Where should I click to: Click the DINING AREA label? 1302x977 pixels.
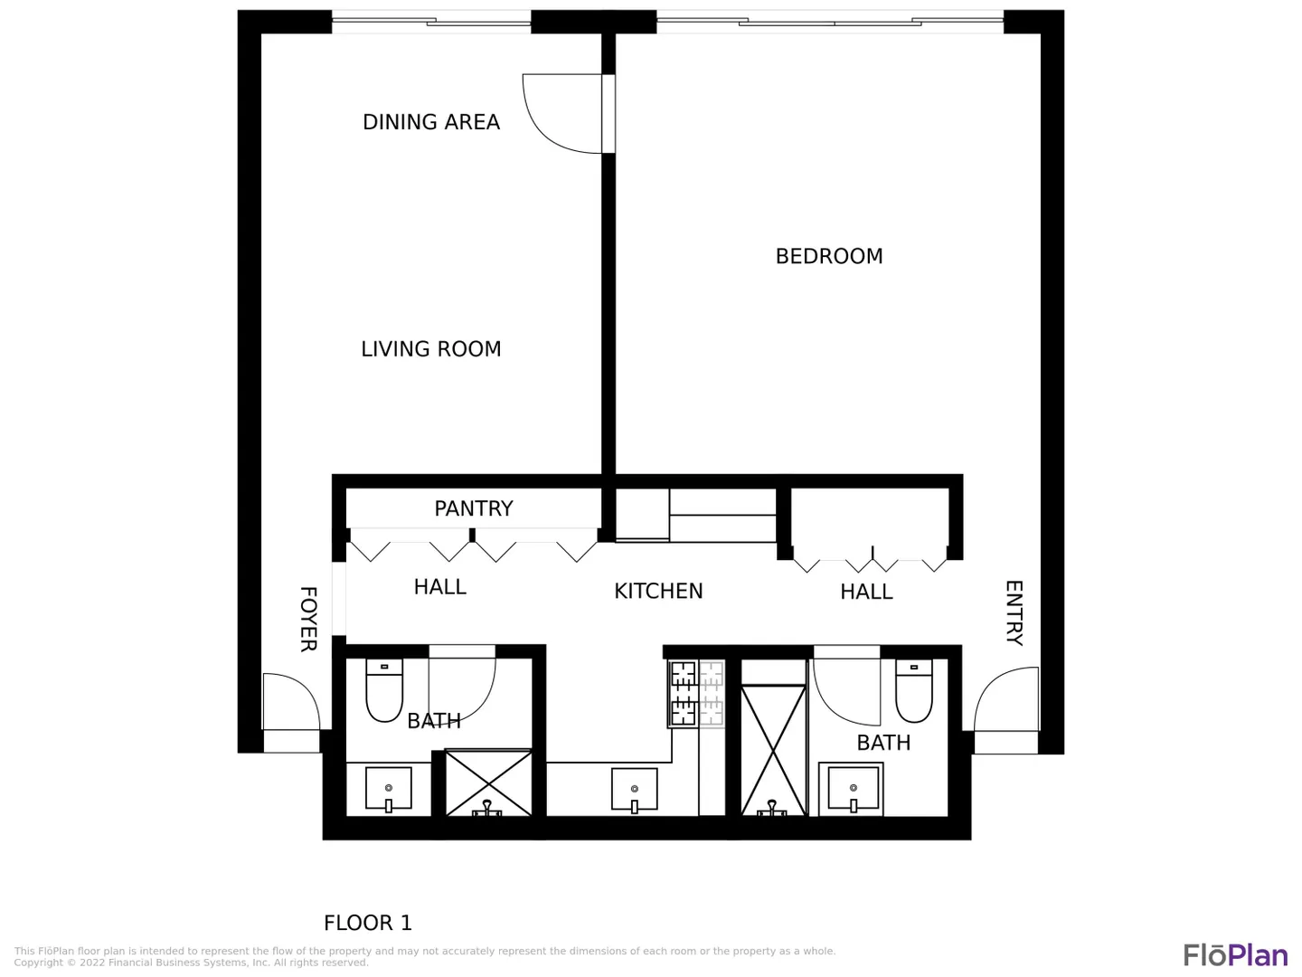pos(431,122)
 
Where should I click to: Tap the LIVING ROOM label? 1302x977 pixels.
pos(431,349)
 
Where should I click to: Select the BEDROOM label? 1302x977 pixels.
pos(829,256)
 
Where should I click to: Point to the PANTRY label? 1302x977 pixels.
pos(474,508)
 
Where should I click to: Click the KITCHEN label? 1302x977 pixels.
pos(658,591)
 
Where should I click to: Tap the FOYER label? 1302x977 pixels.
pos(308,619)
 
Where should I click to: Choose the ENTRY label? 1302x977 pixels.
pos(1014,612)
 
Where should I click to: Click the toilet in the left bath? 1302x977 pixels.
pos(384,690)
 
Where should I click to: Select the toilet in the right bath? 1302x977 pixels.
pos(913,690)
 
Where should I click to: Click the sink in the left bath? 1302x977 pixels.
pos(389,788)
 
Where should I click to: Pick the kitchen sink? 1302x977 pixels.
pos(634,790)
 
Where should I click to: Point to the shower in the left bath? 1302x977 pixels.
pos(488,783)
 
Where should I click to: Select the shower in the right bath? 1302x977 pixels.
pos(773,751)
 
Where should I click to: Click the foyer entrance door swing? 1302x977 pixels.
pos(291,702)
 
